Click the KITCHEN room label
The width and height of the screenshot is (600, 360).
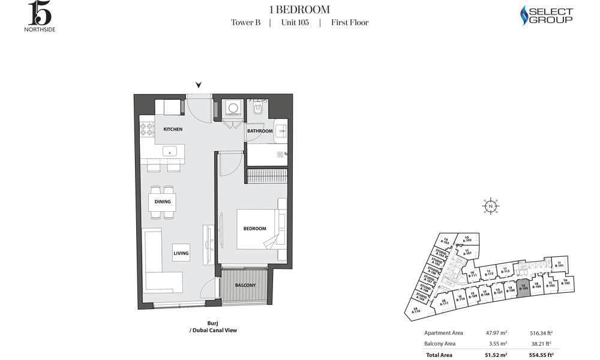point(173,130)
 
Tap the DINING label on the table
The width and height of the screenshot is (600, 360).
point(163,202)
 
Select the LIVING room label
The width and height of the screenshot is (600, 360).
point(181,254)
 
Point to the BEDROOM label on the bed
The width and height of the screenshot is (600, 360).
point(254,229)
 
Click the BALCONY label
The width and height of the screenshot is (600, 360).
point(245,285)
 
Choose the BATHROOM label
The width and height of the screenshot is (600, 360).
point(260,131)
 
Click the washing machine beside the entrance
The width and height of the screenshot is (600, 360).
point(231,109)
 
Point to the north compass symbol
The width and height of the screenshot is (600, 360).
point(491,206)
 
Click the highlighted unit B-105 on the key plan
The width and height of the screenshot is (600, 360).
point(523,287)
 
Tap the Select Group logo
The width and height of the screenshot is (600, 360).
point(546,16)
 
